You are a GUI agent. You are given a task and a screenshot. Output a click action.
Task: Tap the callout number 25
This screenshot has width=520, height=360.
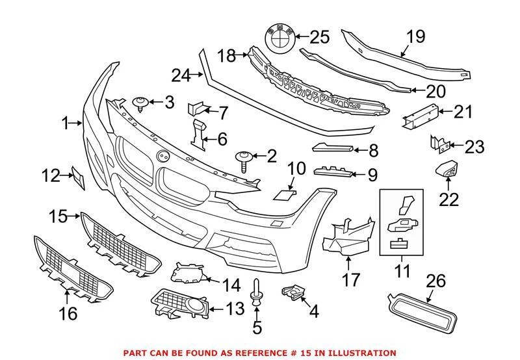[x=319, y=37]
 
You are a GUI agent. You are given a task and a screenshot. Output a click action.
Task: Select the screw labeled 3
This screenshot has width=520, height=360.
[x=140, y=104]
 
